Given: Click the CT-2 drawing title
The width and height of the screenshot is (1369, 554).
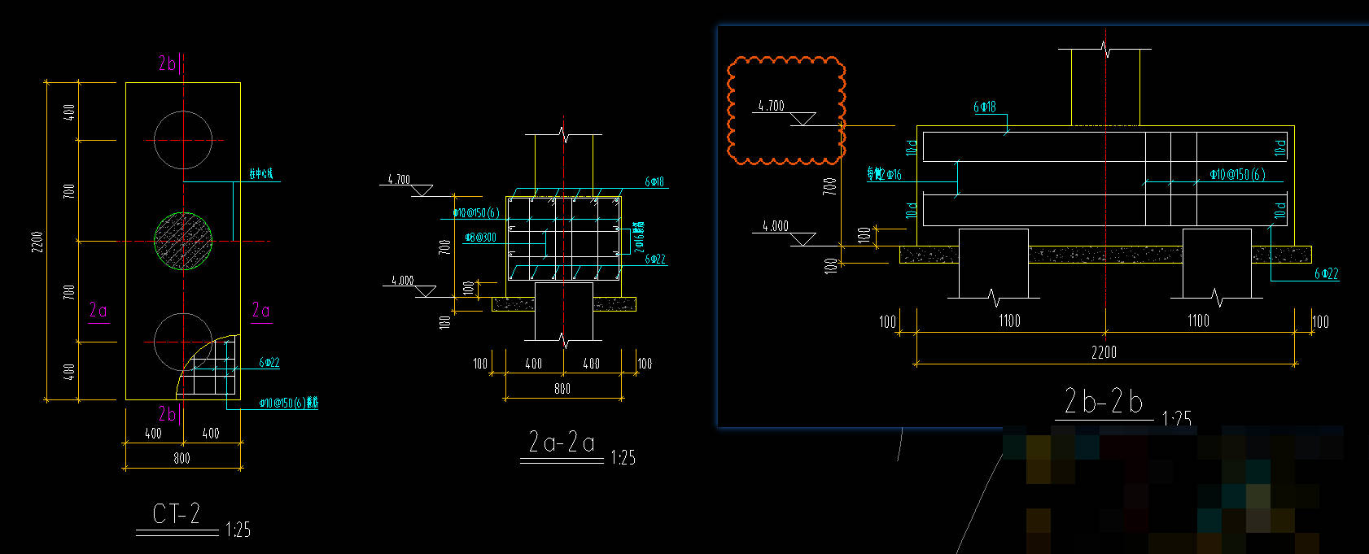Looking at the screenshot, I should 177,514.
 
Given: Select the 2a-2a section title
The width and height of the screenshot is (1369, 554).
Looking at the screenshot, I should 562,443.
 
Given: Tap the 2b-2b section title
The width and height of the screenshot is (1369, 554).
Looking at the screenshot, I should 1104,402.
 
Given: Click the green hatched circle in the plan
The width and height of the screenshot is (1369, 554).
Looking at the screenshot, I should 184,241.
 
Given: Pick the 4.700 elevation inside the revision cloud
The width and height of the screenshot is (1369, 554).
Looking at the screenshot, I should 771,106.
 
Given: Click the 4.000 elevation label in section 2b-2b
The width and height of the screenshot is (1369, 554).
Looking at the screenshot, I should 775,226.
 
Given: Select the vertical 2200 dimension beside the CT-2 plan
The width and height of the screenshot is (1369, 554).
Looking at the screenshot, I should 37,242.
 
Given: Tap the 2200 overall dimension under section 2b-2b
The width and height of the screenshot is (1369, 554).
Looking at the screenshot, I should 1104,352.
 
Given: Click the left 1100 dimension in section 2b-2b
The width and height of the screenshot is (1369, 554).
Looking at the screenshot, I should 1009,321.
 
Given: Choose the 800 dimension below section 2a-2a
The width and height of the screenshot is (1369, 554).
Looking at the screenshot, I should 562,389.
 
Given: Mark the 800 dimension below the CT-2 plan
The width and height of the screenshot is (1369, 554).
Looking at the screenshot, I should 182,459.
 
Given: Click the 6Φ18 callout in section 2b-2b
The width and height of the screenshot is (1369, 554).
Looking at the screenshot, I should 985,107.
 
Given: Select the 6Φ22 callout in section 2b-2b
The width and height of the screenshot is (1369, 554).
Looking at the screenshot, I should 1326,274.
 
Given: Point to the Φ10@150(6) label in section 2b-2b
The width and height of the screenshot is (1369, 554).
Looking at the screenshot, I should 1237,174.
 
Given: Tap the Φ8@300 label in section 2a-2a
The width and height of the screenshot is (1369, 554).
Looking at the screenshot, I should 480,238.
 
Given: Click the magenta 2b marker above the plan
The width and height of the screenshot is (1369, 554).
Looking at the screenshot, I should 167,63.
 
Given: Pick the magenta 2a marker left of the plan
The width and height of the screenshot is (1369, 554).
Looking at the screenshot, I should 98,310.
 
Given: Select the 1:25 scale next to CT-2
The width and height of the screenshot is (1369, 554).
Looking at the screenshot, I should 238,530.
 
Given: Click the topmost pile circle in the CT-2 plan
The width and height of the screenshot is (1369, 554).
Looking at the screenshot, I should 184,140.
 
